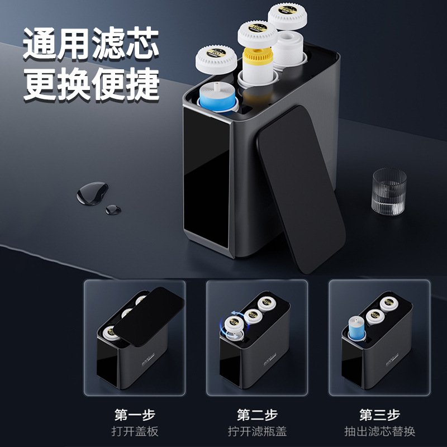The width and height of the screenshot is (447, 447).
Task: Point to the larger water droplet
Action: (x=89, y=194)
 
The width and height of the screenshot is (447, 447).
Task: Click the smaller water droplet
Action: (x=113, y=209)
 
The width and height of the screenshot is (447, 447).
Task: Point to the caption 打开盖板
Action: (x=134, y=432)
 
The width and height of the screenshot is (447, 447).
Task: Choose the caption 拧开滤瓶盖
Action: (x=256, y=432)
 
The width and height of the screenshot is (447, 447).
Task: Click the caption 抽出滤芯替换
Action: (x=379, y=432)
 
